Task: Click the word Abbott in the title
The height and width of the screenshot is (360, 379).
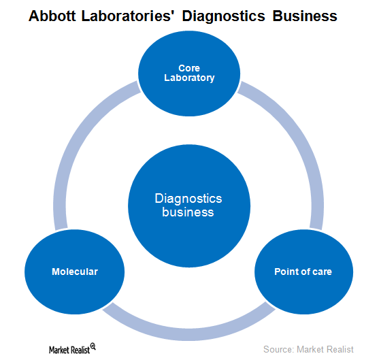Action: pos(52,16)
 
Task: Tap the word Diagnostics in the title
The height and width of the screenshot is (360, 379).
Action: pos(223,17)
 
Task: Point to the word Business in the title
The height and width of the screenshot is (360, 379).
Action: pos(305,16)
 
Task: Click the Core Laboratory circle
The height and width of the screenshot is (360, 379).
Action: pos(189,73)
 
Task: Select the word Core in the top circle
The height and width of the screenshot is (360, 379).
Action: pos(189,68)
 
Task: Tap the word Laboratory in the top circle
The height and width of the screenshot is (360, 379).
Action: pos(189,78)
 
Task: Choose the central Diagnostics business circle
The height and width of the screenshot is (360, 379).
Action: pos(189,206)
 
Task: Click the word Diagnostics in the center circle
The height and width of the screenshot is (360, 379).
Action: pos(188,199)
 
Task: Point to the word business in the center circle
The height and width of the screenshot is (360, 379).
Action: pos(188,212)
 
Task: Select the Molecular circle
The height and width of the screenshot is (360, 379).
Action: pos(74,272)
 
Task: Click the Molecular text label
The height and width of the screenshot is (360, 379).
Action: pos(75,272)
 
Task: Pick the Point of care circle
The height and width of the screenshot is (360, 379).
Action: pos(304,272)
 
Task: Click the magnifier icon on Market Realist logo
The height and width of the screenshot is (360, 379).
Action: pos(93,346)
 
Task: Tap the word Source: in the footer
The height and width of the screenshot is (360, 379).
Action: pos(278,349)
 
